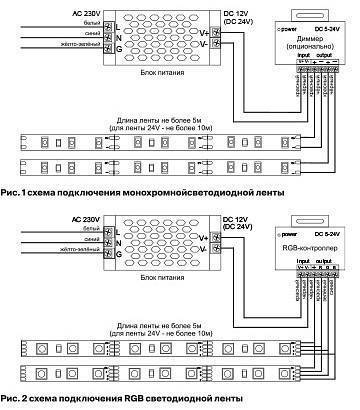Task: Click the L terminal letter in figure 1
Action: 119,21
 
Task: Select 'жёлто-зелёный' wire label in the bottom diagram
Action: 84,249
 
